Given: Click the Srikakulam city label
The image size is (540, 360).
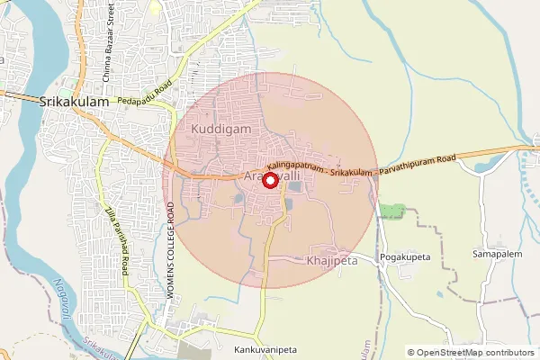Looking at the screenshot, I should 75,103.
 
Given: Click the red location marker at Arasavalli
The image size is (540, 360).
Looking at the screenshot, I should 270,180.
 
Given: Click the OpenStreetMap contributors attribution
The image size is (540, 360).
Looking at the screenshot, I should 476,353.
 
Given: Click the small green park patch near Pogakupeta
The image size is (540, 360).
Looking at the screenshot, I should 391,211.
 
